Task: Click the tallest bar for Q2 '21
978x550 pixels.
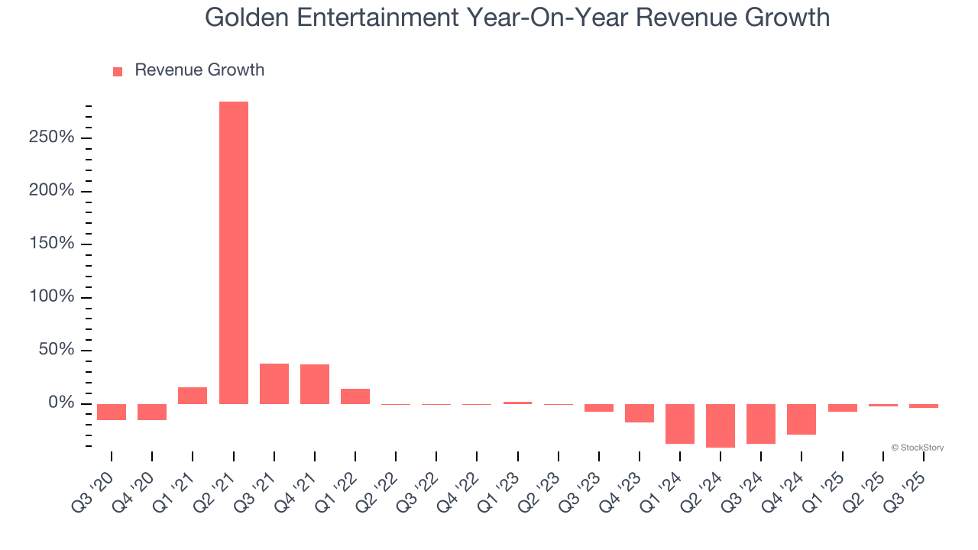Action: coord(234,252)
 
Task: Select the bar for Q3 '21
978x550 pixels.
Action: coord(274,383)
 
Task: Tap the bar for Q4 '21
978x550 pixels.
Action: coord(315,384)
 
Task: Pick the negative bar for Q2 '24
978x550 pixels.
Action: coord(721,425)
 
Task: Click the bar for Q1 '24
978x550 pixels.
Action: coord(680,424)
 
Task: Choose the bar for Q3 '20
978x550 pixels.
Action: coord(112,412)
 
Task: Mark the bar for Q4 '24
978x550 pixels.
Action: coord(802,419)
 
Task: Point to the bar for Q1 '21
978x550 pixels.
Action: coord(193,396)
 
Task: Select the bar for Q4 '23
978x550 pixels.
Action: coord(640,413)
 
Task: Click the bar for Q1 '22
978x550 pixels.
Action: coord(355,396)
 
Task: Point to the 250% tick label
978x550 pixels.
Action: coord(52,137)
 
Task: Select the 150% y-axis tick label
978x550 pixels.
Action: coord(52,244)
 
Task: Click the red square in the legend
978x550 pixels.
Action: coord(118,72)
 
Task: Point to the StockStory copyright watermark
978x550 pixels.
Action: coord(917,448)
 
